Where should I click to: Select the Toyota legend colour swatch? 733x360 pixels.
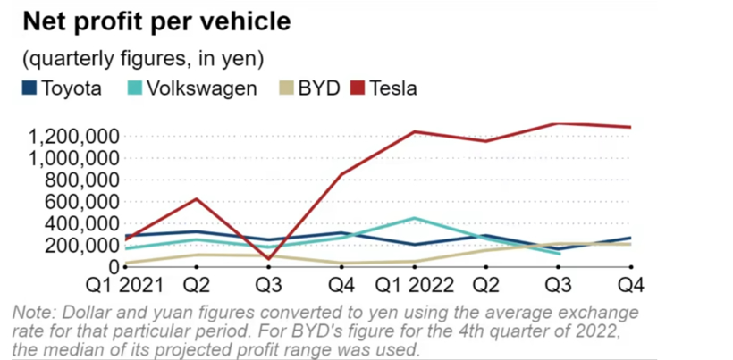click(x=29, y=88)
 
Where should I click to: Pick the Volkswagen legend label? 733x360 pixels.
click(x=202, y=88)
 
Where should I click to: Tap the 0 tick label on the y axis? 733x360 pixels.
click(x=113, y=266)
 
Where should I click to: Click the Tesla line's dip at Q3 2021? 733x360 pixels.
click(x=268, y=259)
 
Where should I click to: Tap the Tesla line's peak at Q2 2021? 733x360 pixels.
click(x=198, y=198)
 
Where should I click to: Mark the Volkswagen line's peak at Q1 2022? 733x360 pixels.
click(x=415, y=218)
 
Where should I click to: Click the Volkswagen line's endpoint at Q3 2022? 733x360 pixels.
click(x=560, y=254)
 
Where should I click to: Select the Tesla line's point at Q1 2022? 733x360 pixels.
click(x=415, y=131)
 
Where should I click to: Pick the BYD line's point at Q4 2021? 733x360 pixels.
click(x=342, y=264)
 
